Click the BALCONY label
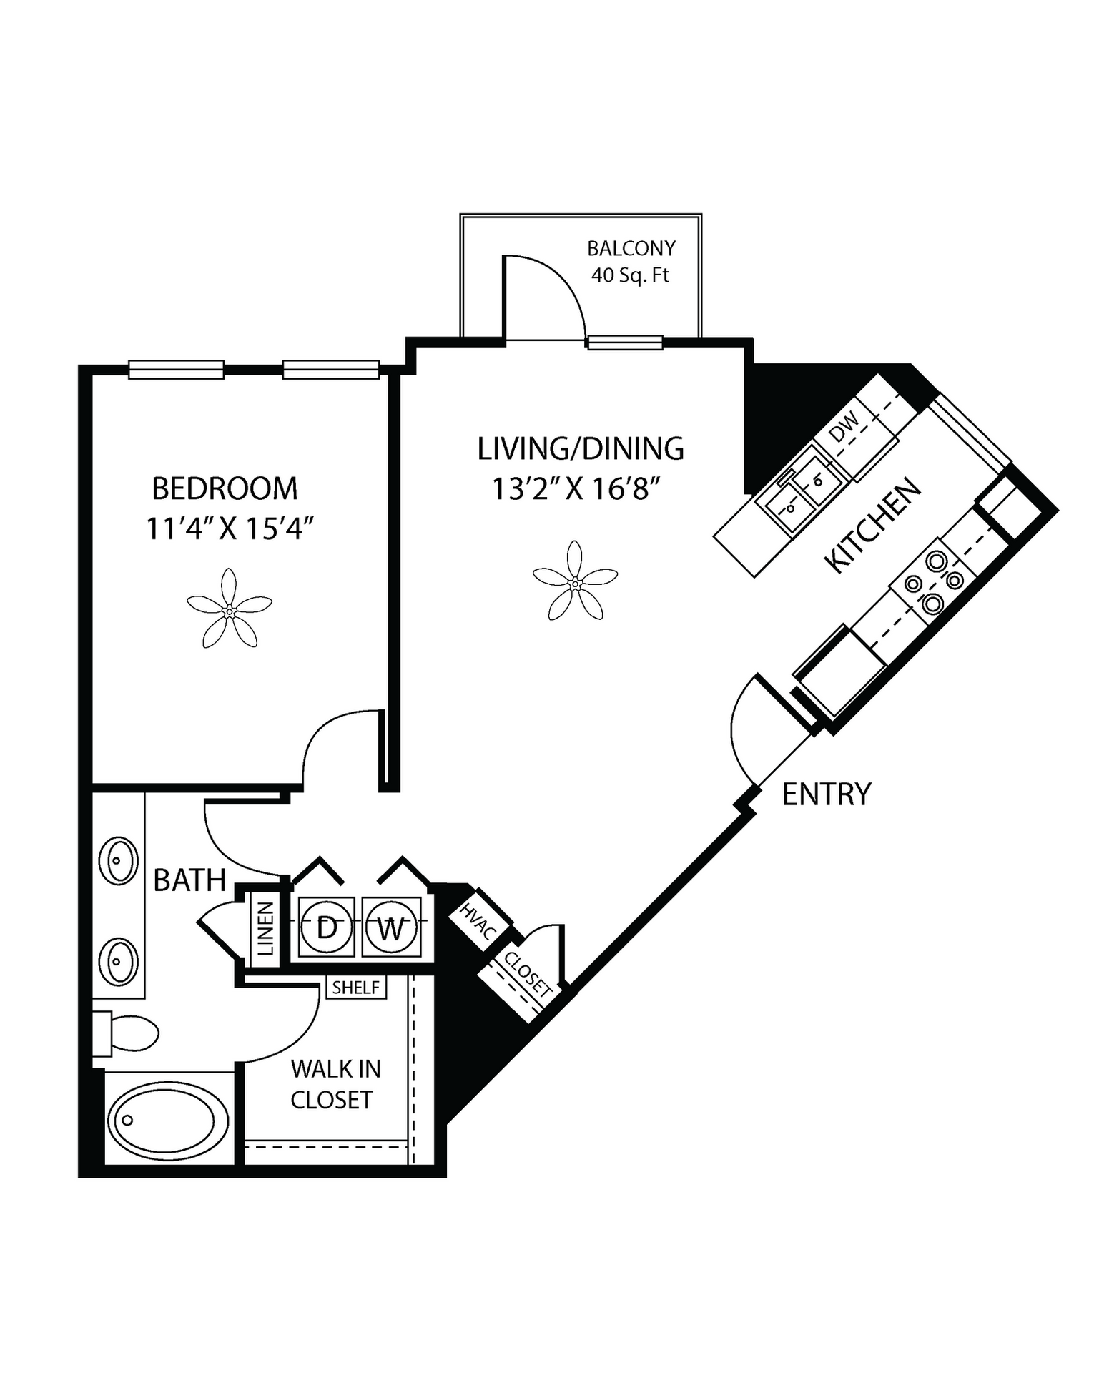pyautogui.click(x=631, y=249)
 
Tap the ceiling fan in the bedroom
pyautogui.click(x=230, y=609)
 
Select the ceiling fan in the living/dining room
pyautogui.click(x=576, y=581)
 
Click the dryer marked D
pyautogui.click(x=326, y=927)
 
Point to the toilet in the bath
pyautogui.click(x=125, y=1033)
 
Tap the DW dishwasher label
pyautogui.click(x=846, y=428)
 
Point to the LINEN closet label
pyautogui.click(x=266, y=928)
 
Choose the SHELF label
pyautogui.click(x=356, y=988)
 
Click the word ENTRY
pyautogui.click(x=827, y=794)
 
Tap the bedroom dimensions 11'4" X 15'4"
pyautogui.click(x=230, y=529)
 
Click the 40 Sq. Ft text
pyautogui.click(x=630, y=275)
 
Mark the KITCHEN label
pyautogui.click(x=872, y=525)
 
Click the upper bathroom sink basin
pyautogui.click(x=117, y=860)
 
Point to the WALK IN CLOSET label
pyautogui.click(x=333, y=1084)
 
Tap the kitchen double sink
pyautogui.click(x=802, y=493)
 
